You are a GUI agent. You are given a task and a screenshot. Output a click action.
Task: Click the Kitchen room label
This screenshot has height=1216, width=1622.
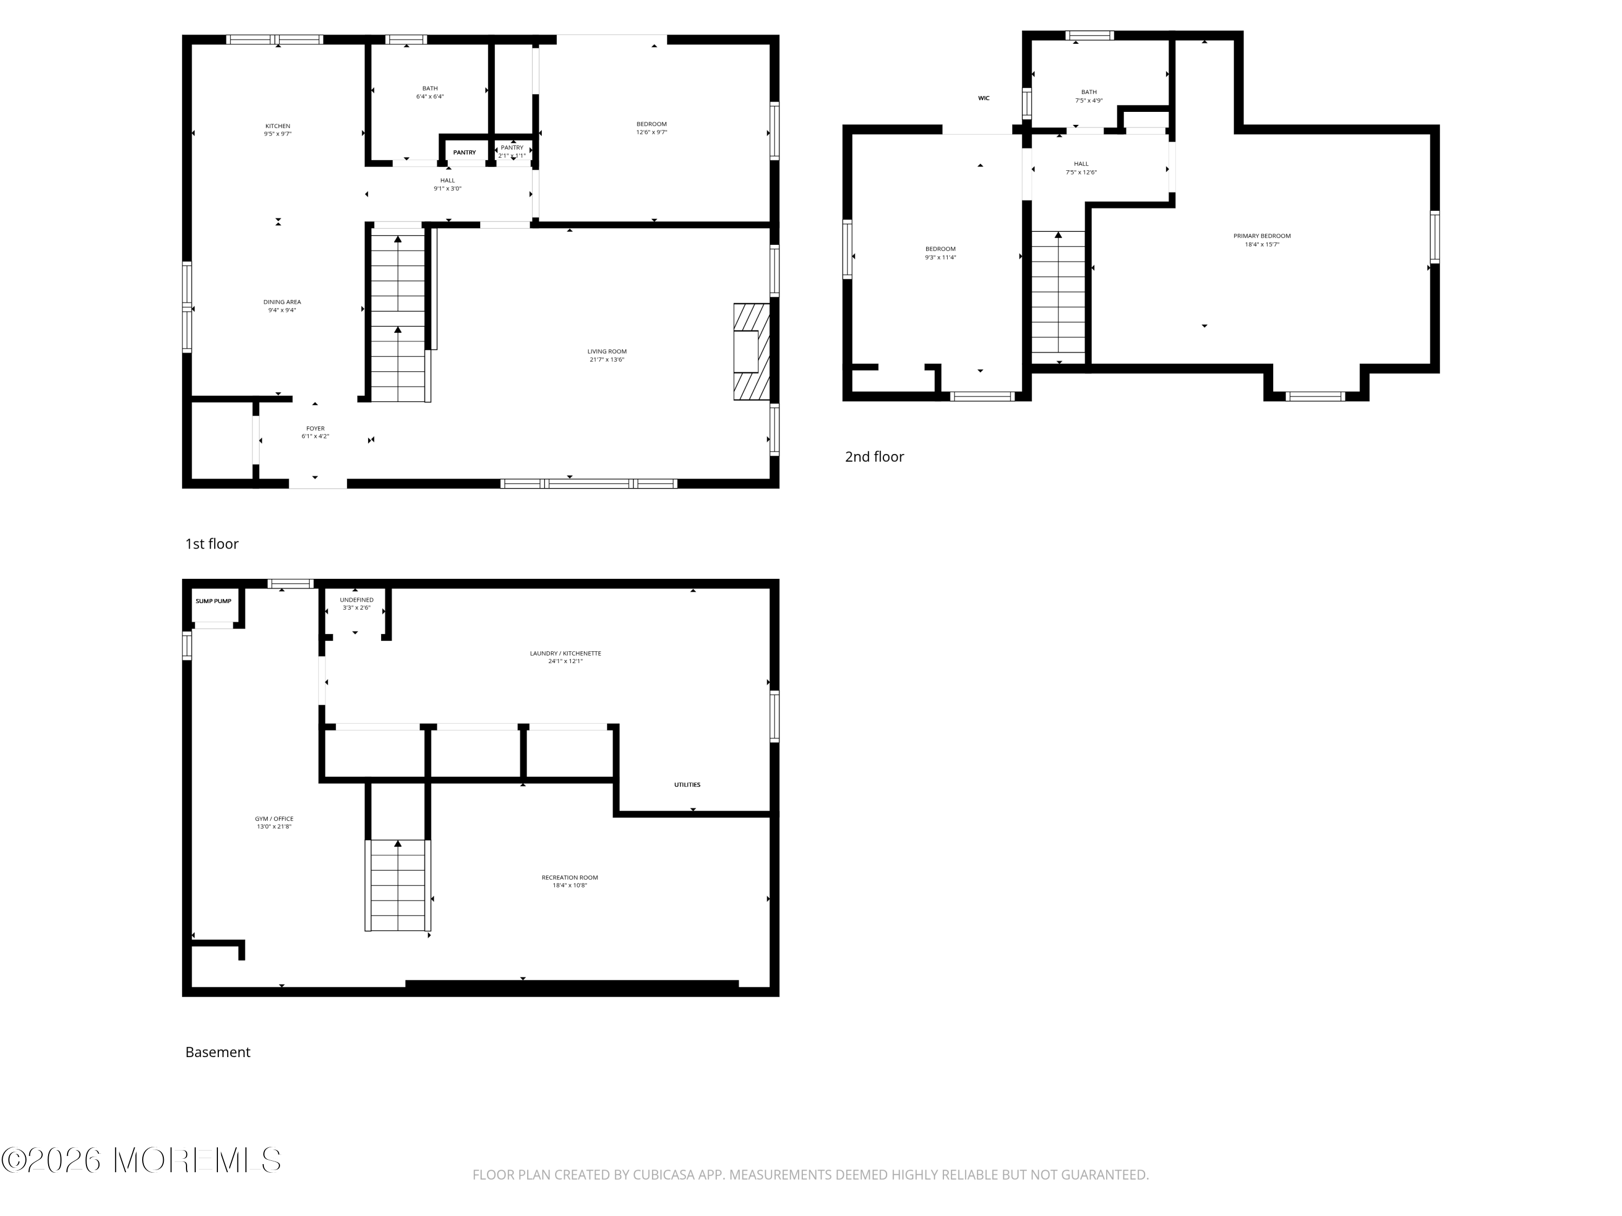(277, 126)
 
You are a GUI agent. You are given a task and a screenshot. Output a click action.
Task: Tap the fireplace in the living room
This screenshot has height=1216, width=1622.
(751, 352)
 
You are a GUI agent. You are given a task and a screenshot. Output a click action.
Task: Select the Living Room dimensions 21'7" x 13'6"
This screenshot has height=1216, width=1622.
(607, 360)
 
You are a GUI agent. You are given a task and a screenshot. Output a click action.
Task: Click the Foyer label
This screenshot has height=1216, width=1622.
(315, 429)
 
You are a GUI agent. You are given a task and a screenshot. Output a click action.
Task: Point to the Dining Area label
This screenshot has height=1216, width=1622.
(282, 302)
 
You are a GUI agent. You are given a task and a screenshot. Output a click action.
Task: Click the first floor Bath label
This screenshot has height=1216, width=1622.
(430, 89)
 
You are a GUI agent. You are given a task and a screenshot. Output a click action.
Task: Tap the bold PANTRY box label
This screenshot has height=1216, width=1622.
(464, 152)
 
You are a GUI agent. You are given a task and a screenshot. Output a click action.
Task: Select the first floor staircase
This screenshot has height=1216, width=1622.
(397, 315)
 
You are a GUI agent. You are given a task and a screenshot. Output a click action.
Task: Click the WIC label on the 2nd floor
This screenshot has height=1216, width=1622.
(983, 98)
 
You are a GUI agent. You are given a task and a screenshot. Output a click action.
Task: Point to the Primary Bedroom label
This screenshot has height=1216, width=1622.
(1261, 236)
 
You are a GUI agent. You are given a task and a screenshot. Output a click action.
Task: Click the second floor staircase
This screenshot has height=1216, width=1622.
(1058, 297)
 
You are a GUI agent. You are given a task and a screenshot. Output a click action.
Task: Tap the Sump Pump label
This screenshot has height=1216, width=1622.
(214, 601)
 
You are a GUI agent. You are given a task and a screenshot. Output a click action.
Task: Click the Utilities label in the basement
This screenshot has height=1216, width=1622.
(687, 785)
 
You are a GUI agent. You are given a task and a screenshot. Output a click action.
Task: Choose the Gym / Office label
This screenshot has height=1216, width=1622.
(274, 819)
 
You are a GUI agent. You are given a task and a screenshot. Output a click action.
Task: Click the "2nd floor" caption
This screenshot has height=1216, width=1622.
(874, 457)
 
